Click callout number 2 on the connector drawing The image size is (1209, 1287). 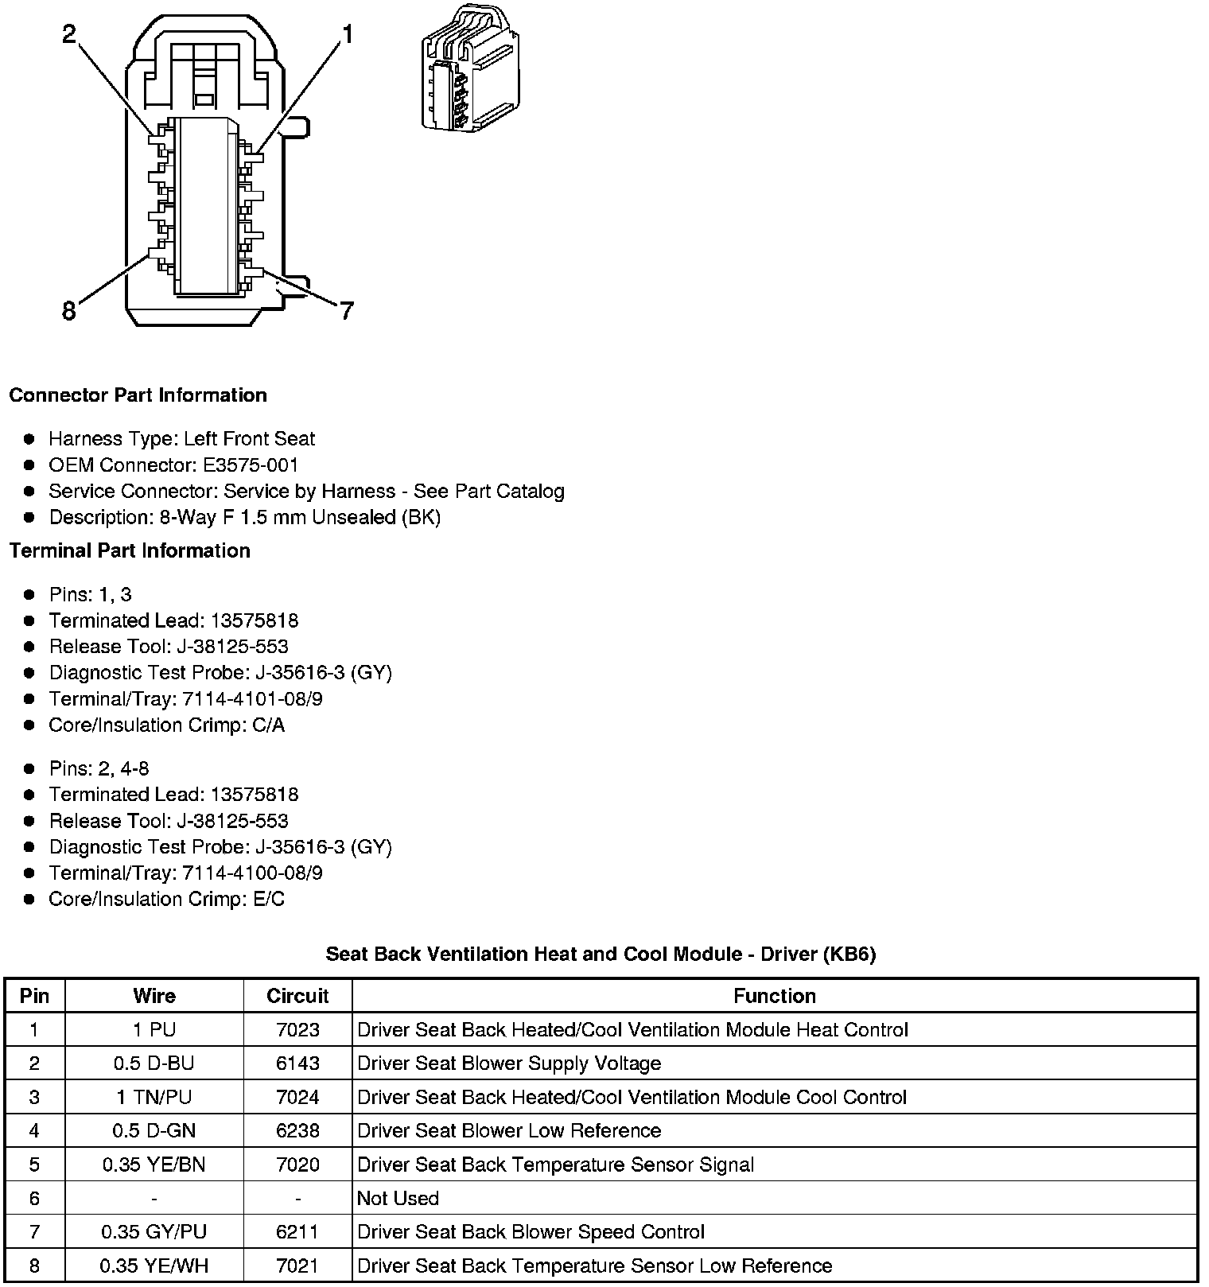point(70,34)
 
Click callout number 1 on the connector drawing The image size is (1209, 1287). point(348,34)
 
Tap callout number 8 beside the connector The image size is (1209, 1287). point(69,311)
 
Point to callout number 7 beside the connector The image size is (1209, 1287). point(346,311)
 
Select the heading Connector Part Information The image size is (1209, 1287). point(138,395)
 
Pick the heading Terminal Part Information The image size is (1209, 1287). point(130,550)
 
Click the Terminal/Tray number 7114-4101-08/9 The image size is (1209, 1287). point(252,699)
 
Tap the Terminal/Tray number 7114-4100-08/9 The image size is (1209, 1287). point(252,873)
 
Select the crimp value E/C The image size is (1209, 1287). point(267,900)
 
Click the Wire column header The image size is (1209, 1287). point(154,996)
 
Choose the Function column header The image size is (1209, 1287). point(774,996)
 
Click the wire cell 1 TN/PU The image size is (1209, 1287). point(154,1098)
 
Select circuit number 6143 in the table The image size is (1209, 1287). point(297,1063)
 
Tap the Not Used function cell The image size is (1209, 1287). point(398,1199)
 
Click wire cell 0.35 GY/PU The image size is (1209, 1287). point(154,1232)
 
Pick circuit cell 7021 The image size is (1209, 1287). point(297,1266)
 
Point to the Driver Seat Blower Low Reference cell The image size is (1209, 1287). point(509,1131)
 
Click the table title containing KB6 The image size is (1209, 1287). point(601,954)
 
